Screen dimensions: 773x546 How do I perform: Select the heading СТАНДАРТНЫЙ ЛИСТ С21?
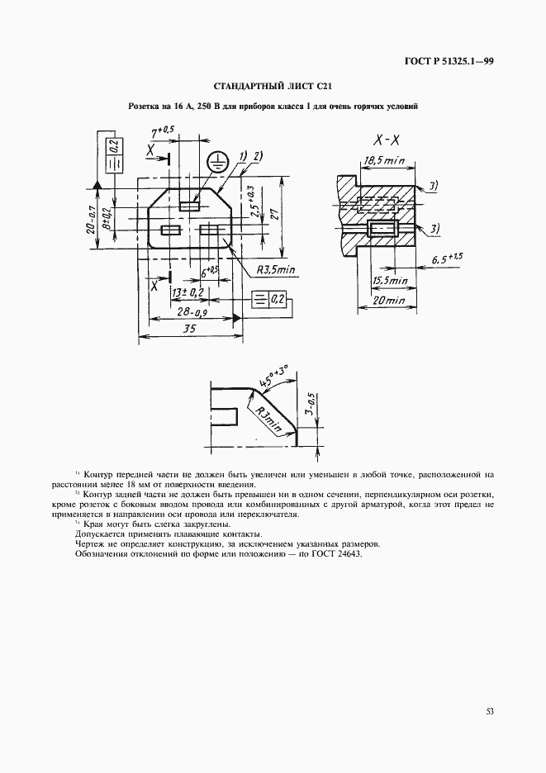(273, 86)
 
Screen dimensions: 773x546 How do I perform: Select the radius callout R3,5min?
(277, 270)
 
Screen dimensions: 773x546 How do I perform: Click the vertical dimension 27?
(277, 216)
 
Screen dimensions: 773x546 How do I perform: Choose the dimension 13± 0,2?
(188, 292)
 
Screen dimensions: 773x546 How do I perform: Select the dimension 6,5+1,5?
(446, 259)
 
